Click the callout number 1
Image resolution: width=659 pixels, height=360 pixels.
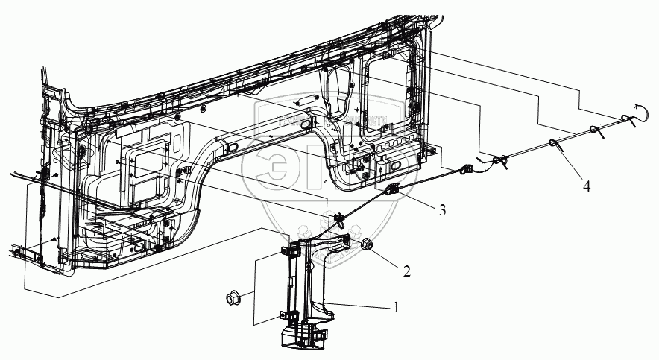(397, 306)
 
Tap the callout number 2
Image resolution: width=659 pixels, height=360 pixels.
(406, 271)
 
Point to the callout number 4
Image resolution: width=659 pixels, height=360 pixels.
(587, 186)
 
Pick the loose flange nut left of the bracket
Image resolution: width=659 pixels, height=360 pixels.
(232, 300)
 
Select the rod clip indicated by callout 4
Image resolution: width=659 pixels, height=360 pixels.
(555, 143)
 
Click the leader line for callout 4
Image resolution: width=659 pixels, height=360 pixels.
(570, 163)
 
